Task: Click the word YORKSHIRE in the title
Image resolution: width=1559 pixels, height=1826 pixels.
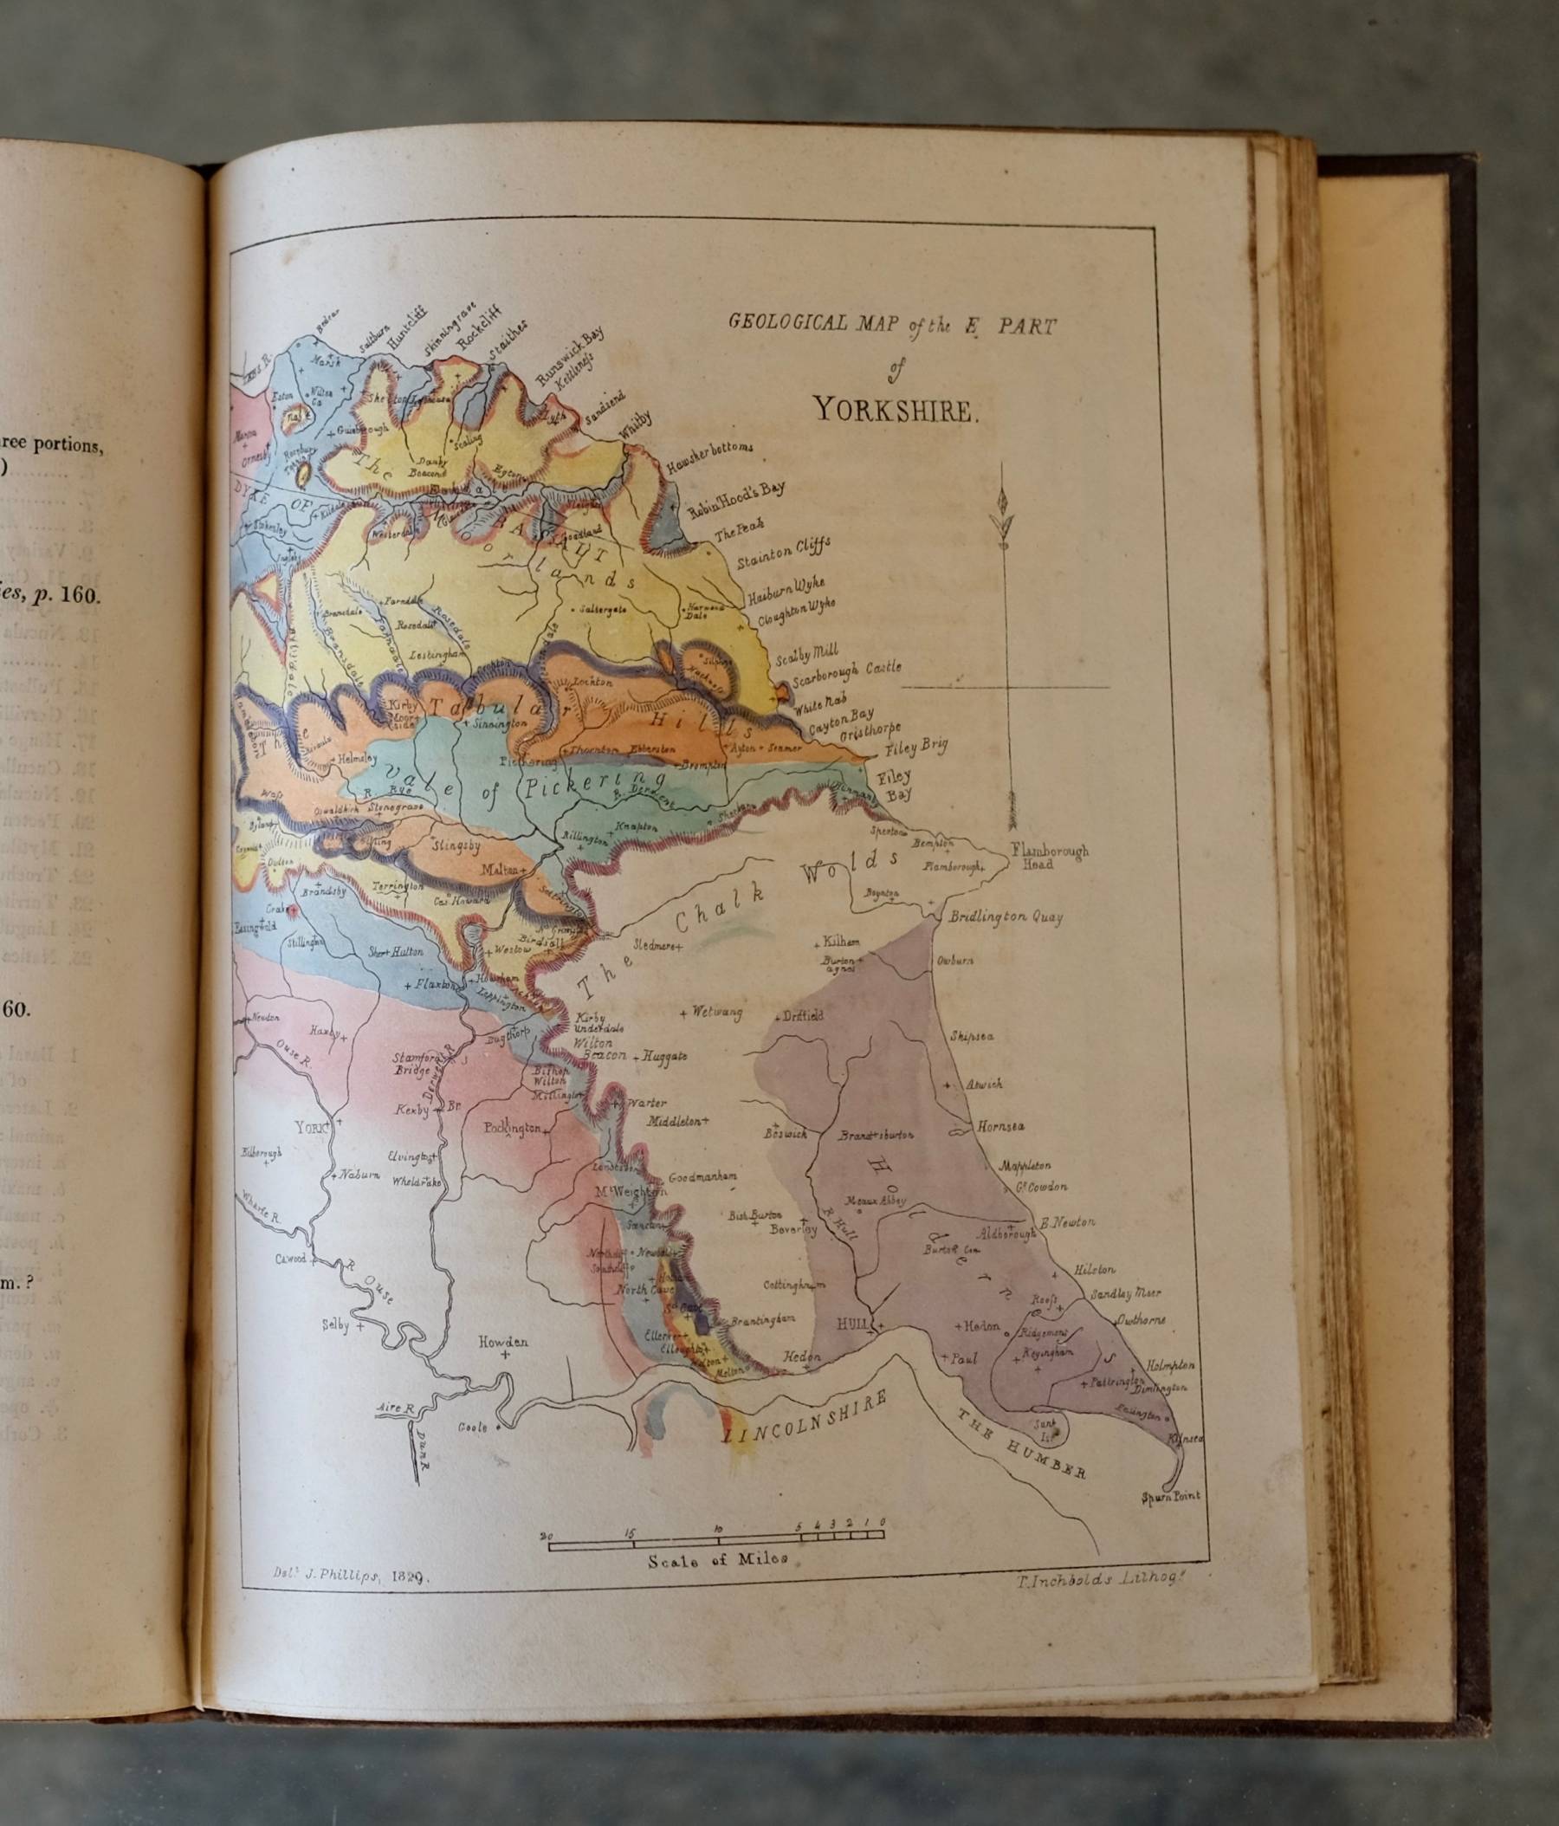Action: click(895, 411)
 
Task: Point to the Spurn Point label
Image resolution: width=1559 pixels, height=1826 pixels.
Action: click(1170, 1495)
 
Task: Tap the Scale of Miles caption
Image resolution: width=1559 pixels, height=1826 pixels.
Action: click(717, 1558)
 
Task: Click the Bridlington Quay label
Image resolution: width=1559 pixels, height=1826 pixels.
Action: click(1006, 916)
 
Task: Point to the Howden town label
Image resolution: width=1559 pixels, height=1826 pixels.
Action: click(503, 1341)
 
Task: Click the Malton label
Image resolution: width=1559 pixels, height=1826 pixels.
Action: click(498, 868)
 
